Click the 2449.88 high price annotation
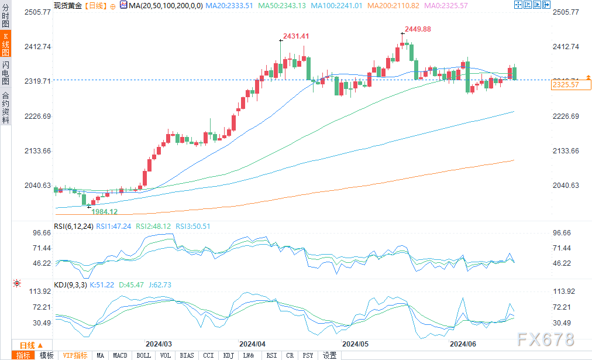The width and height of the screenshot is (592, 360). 418,29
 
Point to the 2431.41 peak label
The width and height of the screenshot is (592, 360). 296,36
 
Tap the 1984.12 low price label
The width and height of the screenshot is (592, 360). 105,212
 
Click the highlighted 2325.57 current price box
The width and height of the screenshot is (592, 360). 565,85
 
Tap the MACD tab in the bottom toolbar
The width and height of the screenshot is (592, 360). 120,355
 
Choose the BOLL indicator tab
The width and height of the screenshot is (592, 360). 143,355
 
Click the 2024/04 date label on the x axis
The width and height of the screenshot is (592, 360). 253,344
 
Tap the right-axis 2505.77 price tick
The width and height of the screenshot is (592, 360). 565,12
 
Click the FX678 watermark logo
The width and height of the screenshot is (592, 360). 546,340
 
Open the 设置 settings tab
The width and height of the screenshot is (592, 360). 329,355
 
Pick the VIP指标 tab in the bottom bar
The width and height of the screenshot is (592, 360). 75,355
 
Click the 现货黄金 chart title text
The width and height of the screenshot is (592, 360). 67,5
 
